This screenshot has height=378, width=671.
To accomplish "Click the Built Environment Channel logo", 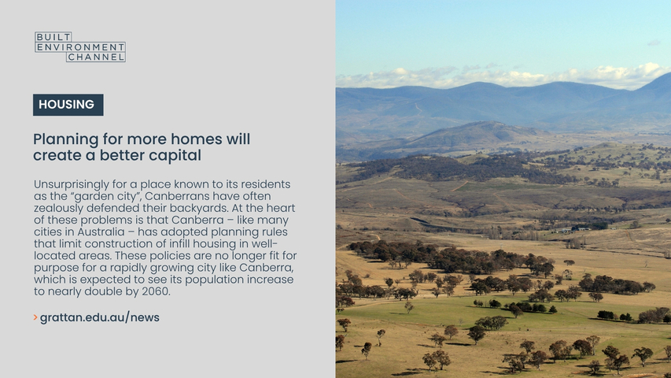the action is [x=80, y=46].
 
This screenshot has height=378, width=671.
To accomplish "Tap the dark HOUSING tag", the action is [x=68, y=105].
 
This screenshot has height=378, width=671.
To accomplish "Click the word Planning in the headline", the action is [x=66, y=139].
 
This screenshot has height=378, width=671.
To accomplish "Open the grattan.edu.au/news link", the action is [x=100, y=317].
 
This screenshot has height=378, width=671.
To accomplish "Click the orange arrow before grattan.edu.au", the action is [x=35, y=317].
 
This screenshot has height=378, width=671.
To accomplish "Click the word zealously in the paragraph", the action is [x=59, y=208].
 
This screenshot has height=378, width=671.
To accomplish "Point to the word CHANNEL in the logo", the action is [x=96, y=57].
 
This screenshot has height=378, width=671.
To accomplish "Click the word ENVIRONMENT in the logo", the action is [x=80, y=46].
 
